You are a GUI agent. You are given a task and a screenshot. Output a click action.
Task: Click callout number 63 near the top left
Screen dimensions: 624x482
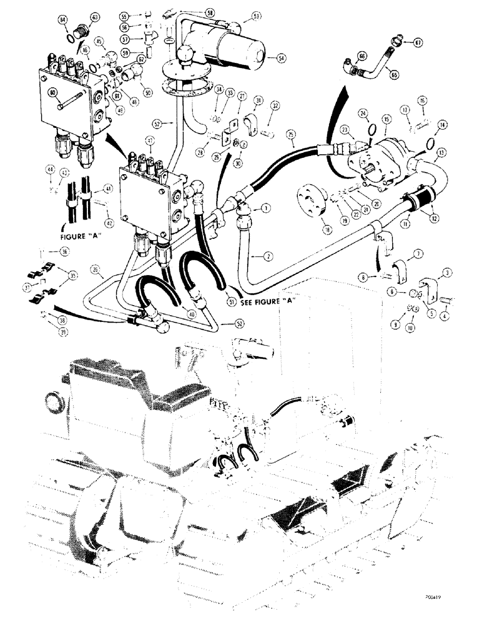pos(95,17)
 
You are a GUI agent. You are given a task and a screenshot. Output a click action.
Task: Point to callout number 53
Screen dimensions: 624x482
pos(257,17)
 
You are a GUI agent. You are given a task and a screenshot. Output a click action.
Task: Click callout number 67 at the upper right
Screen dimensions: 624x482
pos(418,42)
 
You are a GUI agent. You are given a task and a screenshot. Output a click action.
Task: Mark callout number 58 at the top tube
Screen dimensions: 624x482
pos(210,12)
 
